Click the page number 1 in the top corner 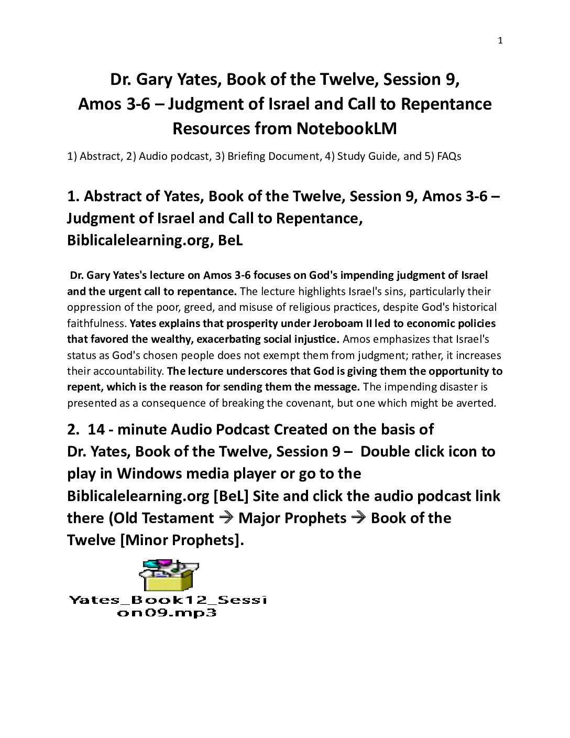(500, 41)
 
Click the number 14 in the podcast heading (96, 429)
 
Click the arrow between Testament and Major (226, 518)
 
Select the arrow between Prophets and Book (359, 518)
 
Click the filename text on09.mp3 (167, 612)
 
